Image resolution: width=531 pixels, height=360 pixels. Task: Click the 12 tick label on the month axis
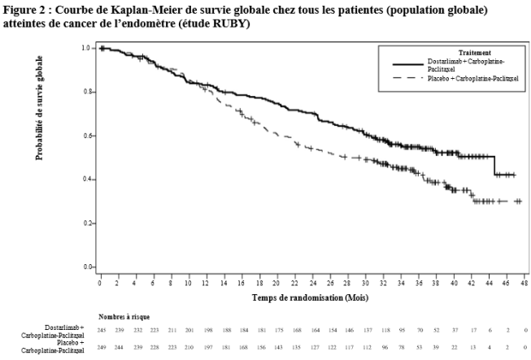pos(206,281)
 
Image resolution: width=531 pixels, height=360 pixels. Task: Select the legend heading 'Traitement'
pos(450,53)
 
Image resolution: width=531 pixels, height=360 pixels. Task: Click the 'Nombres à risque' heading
pos(124,316)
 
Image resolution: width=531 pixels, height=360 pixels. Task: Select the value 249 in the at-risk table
pos(101,346)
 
